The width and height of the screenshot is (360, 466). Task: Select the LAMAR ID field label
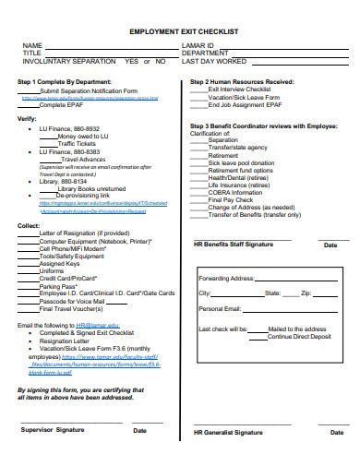tap(200, 44)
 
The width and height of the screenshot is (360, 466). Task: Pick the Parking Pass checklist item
tap(58, 286)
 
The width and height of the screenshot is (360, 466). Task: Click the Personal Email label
tap(221, 308)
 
